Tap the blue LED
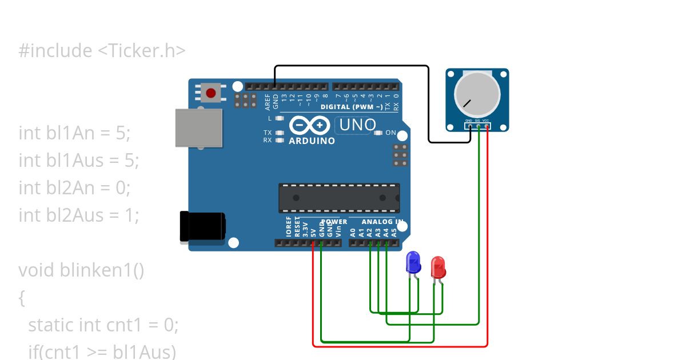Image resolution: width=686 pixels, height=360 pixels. click(413, 263)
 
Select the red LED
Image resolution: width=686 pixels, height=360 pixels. click(438, 267)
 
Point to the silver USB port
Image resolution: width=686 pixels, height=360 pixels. click(198, 127)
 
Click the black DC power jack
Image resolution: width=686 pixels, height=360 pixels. click(202, 226)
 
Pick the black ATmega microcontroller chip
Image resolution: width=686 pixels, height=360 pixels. click(339, 198)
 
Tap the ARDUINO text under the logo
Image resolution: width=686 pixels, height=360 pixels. click(312, 141)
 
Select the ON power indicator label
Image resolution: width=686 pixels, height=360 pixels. click(391, 133)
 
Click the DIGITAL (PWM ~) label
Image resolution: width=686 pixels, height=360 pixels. click(352, 107)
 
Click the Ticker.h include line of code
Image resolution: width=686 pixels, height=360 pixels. click(102, 51)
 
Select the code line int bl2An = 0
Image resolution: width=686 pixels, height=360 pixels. click(75, 188)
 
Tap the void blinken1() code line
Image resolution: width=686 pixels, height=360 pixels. click(81, 270)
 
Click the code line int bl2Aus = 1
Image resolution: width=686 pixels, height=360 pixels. click(79, 215)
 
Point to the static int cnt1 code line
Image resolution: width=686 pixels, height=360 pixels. click(103, 325)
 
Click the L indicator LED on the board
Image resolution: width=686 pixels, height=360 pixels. click(279, 118)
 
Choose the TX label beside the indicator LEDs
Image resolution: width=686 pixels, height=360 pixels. click(268, 133)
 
